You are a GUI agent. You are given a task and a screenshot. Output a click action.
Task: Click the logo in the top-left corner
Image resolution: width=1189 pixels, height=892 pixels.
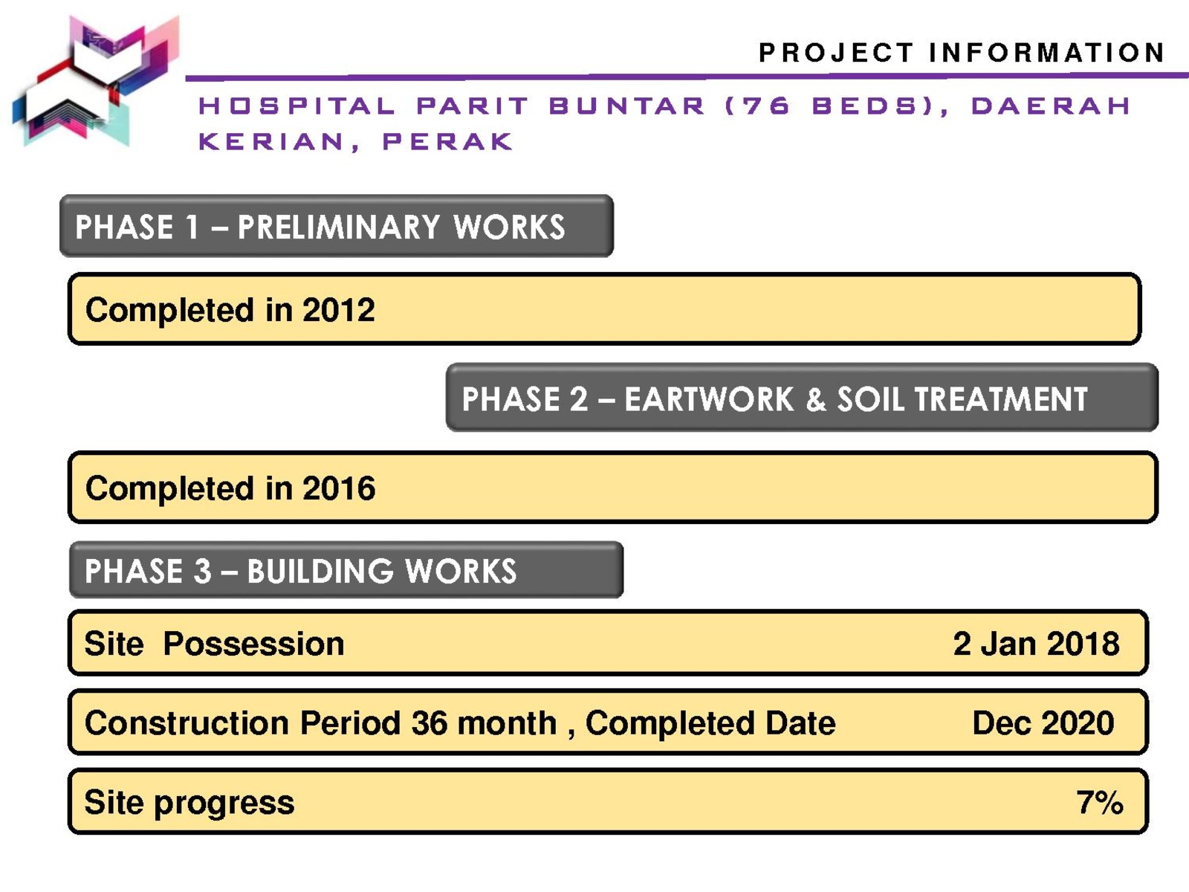point(96,81)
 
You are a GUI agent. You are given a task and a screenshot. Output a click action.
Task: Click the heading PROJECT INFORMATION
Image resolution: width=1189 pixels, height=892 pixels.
point(962,53)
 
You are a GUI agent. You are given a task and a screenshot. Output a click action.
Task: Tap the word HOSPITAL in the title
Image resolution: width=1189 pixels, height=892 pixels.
point(297,106)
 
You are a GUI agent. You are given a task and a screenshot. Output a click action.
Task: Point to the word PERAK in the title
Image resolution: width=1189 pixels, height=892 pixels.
point(447,141)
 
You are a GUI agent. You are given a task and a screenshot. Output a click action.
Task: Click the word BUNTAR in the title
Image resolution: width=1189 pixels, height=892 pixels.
point(626,106)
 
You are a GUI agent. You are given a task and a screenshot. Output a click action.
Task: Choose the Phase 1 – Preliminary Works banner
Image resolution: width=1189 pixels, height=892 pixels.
point(337,226)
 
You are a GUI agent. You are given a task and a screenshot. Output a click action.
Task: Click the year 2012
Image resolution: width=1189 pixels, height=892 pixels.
point(339,310)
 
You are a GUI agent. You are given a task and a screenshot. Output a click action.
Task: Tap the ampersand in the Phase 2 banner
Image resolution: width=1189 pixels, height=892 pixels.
point(815,400)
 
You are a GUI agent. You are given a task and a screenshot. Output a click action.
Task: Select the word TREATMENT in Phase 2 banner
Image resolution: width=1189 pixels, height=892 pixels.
point(1001,399)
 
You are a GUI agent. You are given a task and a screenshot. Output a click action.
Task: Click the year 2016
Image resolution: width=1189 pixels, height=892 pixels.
point(339,488)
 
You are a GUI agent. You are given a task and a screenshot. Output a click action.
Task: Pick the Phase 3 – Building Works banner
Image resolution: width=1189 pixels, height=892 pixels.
point(346,569)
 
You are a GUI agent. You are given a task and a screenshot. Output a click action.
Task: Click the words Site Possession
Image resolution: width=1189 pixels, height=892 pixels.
point(214,644)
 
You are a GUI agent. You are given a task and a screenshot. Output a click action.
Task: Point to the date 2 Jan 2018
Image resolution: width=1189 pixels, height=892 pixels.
point(1036,644)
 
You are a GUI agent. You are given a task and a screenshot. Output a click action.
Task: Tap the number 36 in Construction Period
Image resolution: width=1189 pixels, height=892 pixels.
point(429,723)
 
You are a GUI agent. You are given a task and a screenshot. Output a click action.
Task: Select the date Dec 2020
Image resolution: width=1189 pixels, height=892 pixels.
point(1043,723)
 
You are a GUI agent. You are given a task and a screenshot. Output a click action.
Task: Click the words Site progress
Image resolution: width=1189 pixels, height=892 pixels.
point(189,803)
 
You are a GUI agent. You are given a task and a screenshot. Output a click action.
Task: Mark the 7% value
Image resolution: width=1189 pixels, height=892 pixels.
point(1100,802)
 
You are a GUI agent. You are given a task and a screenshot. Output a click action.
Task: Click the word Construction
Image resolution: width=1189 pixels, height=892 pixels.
point(187,723)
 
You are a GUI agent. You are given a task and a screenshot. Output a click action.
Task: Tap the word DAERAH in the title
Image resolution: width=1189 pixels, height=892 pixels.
point(1050,106)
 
